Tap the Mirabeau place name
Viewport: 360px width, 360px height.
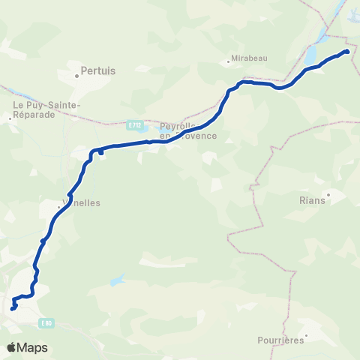250,57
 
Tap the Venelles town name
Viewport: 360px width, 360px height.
81,202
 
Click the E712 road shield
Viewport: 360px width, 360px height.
134,125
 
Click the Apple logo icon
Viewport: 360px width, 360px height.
11,348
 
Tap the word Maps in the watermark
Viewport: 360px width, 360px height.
33,348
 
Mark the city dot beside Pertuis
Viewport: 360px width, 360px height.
77,74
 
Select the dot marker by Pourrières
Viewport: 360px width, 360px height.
306,334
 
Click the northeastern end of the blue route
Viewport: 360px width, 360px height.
346,51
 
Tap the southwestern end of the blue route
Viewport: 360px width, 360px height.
12,307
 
